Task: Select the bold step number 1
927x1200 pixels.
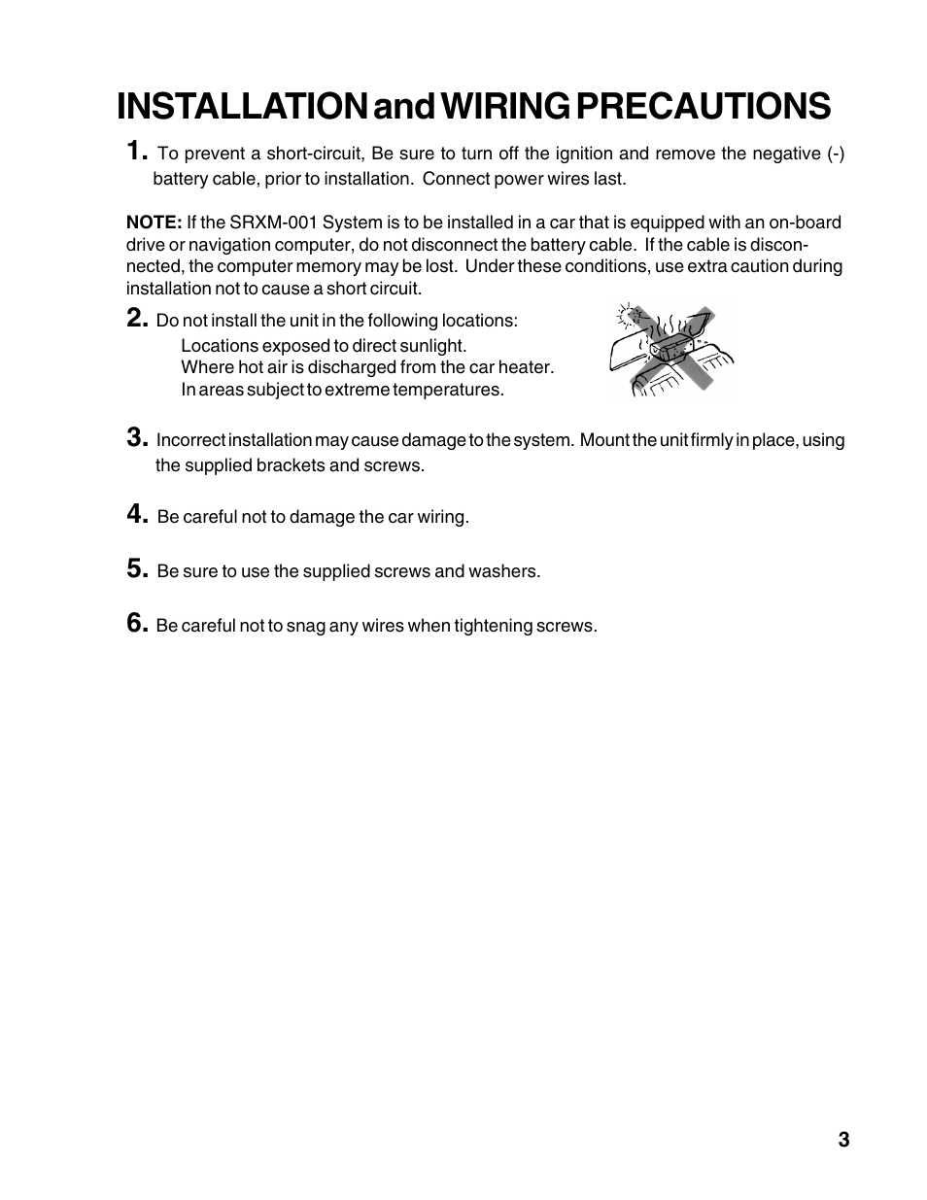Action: (x=137, y=151)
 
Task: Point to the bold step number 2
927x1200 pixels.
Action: (x=137, y=318)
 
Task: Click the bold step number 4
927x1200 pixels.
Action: (x=137, y=514)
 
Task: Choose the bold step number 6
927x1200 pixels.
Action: (x=137, y=623)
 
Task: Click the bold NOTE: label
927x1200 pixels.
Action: (x=154, y=223)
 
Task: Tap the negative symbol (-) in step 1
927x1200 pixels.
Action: (x=836, y=154)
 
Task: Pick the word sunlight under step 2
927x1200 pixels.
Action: (x=432, y=346)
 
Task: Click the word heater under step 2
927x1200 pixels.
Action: (x=525, y=367)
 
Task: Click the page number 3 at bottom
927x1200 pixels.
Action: (x=843, y=1140)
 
